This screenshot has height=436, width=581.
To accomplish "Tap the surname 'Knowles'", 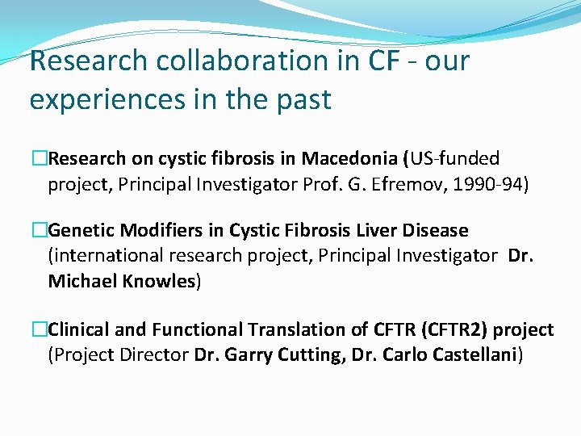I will point(158,282).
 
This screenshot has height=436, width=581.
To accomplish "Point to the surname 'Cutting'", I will point(308,355).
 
